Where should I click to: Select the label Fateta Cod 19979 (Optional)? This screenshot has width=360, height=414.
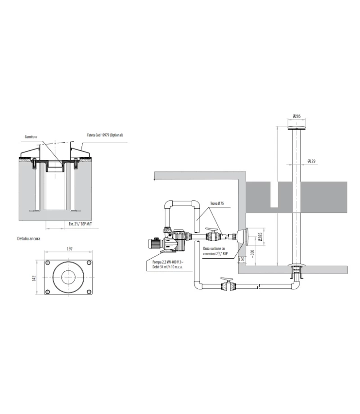(x=104, y=135)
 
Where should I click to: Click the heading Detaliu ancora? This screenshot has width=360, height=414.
(x=28, y=238)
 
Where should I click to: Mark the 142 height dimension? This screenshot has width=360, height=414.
(x=33, y=279)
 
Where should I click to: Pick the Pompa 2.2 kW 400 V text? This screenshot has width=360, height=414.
(x=167, y=261)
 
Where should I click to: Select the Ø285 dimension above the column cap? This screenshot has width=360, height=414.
(x=297, y=117)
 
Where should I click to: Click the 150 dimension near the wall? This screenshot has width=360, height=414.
(x=241, y=259)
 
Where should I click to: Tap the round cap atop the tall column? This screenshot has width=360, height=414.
(x=297, y=128)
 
